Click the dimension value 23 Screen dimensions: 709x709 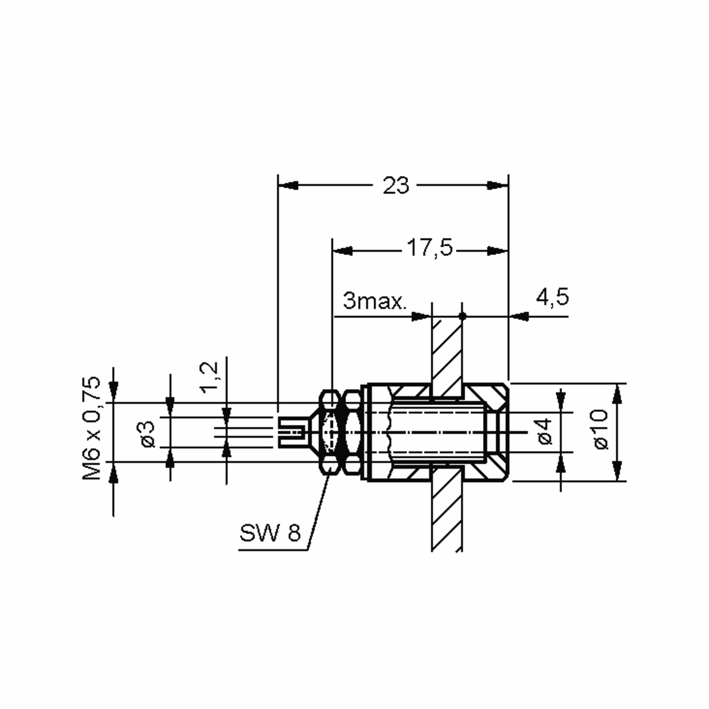pos(395,186)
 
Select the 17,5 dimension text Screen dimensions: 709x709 pos(430,248)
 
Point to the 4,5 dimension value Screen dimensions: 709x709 pos(552,297)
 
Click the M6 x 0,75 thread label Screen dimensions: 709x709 pos(91,428)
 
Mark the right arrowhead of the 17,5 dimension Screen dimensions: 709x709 pos(497,251)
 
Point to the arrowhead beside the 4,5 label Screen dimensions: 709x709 pos(520,316)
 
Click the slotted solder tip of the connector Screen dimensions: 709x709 pos(292,433)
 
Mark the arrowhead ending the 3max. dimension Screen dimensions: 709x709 pos(421,316)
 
